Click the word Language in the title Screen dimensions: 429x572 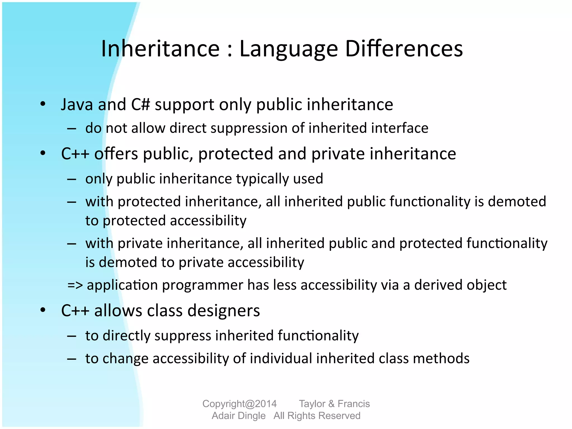[289, 49]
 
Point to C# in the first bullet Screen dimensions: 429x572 [141, 105]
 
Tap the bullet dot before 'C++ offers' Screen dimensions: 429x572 [43, 153]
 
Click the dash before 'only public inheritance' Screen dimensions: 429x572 [72, 179]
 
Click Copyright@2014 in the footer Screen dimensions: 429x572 [239, 404]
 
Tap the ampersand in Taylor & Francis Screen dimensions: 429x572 [331, 404]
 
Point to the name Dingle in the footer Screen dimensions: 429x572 [251, 416]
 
